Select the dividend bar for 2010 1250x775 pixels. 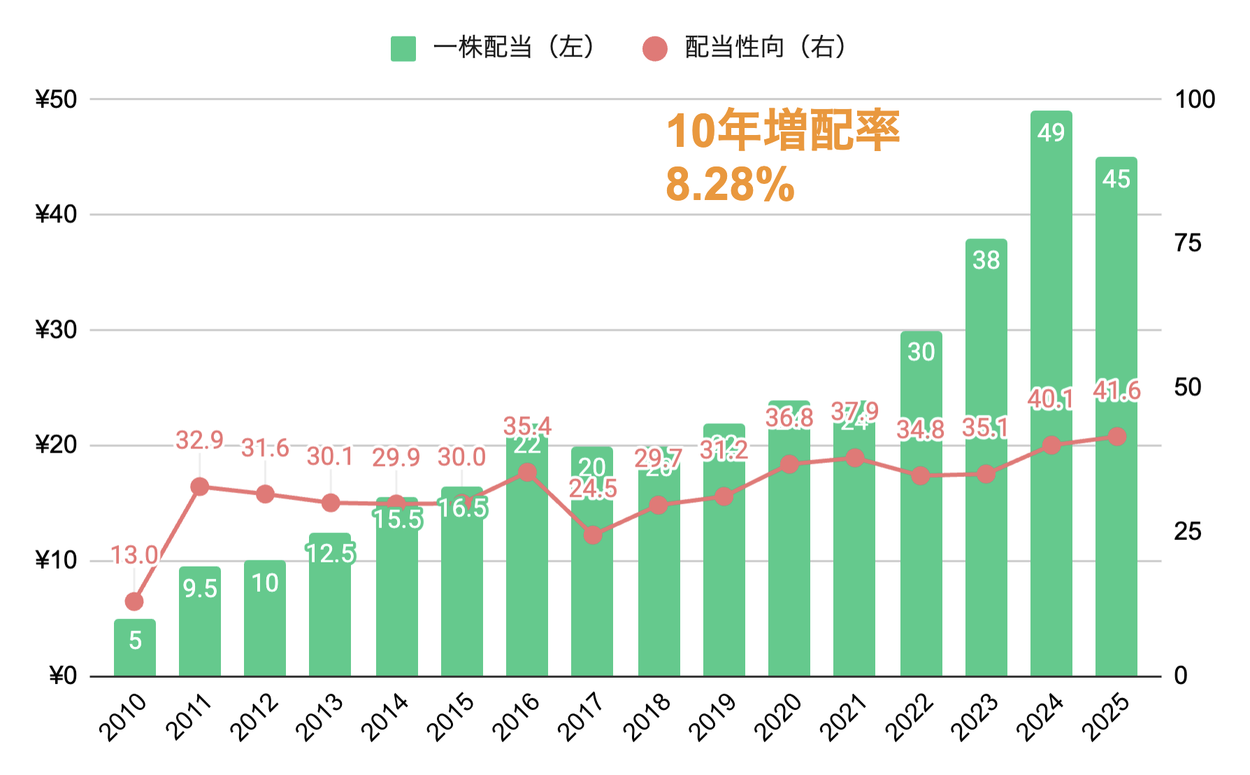135,648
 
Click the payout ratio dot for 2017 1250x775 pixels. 593,535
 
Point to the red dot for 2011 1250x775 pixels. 200,487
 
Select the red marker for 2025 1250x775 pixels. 1117,436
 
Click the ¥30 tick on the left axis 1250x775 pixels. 56,330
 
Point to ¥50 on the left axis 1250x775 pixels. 56,99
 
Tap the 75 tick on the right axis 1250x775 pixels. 1188,243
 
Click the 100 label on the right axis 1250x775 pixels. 1195,99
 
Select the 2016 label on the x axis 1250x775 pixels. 516,716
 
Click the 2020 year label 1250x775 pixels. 777,716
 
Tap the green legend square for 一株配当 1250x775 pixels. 403,49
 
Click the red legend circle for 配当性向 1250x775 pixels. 654,49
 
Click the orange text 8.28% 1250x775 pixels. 730,185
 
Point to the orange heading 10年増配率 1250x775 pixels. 783,131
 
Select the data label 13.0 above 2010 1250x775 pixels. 134,555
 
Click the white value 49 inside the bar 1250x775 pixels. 1051,133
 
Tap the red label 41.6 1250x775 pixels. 1117,391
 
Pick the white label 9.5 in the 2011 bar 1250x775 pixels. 200,589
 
